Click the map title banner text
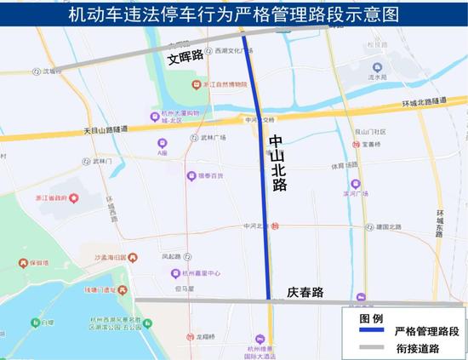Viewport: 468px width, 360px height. point(234,14)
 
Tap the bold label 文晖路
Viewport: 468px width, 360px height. point(185,57)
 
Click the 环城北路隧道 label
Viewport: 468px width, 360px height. point(424,102)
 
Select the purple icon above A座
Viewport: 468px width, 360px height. point(163,143)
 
